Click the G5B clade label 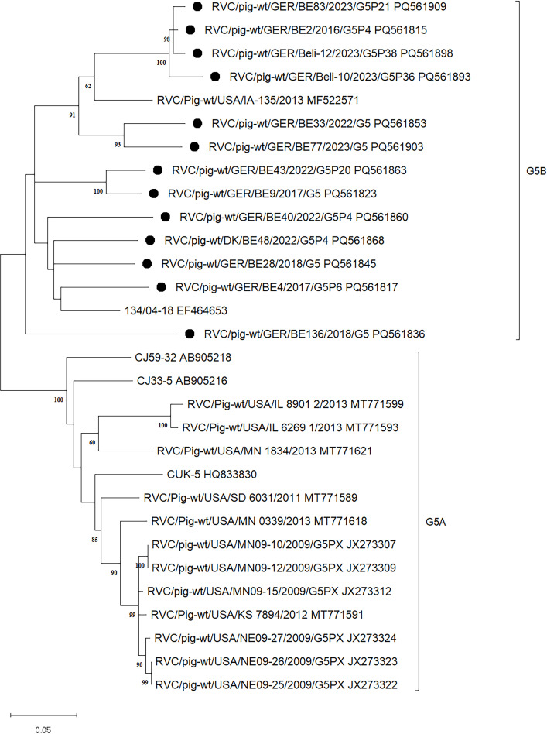click(532, 166)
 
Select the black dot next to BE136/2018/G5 click(189, 334)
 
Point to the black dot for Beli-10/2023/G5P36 click(215, 77)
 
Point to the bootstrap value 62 click(87, 86)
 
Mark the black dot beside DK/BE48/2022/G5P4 click(150, 240)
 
